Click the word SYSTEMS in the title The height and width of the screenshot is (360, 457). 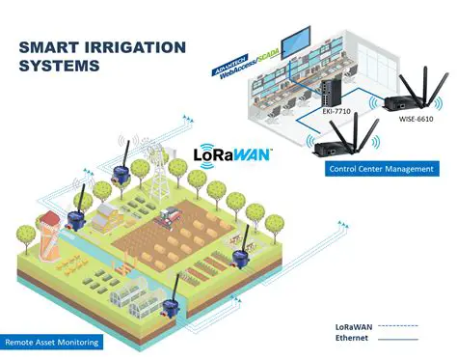click(61, 68)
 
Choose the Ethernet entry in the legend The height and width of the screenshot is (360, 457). click(352, 338)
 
